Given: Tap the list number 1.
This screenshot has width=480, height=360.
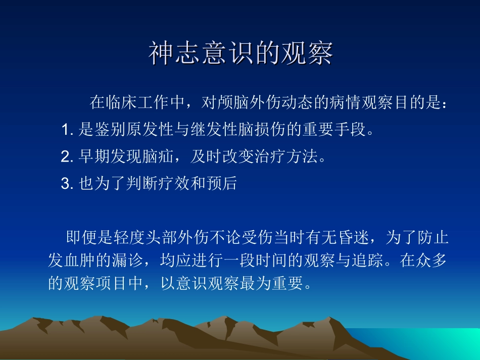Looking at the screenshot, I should click(65, 131).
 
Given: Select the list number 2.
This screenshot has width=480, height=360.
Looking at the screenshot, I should click(65, 157).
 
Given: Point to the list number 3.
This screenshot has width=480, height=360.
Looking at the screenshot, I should click(65, 184).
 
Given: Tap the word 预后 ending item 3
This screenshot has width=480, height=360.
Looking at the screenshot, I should click(221, 184).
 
